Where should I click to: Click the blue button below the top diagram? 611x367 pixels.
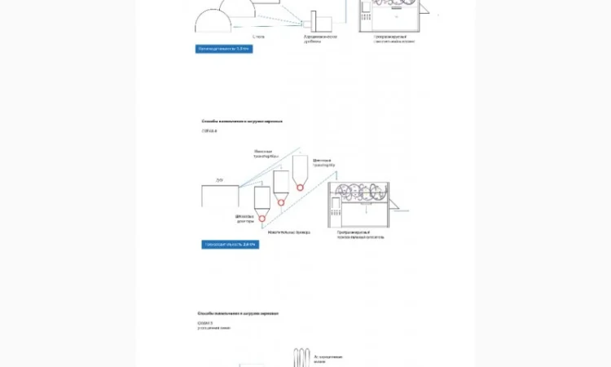click(224, 49)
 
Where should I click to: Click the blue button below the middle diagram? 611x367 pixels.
click(230, 244)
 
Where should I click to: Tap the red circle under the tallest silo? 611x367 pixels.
click(300, 187)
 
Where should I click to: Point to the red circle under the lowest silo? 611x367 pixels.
click(262, 219)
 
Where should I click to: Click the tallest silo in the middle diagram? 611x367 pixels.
click(300, 167)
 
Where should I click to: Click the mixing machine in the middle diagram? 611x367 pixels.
click(358, 204)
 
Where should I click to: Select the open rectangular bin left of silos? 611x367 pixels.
click(220, 197)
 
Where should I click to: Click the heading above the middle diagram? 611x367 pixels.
click(242, 121)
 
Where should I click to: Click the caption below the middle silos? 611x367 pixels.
click(290, 232)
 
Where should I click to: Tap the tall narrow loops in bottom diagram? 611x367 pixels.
click(302, 359)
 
